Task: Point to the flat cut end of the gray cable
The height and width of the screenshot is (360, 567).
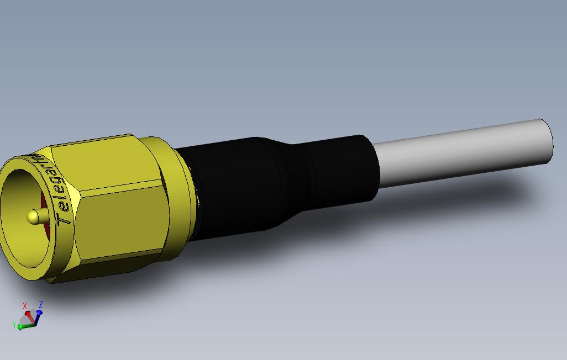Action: pos(545,141)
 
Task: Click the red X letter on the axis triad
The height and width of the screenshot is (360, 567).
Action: pos(25,306)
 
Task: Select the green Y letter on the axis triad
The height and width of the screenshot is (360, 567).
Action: pos(14,325)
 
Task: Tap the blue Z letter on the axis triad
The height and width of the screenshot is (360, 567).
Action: pos(41,304)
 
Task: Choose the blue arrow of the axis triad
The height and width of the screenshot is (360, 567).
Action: pos(38,315)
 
